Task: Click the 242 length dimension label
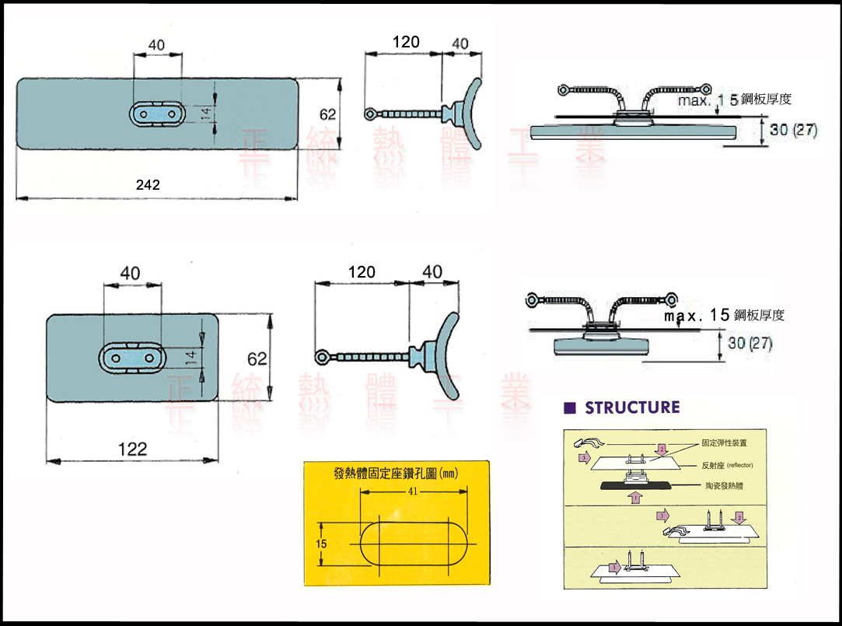click(x=148, y=185)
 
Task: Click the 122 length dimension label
click(x=132, y=449)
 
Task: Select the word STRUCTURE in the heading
click(x=632, y=407)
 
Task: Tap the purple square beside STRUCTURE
click(x=569, y=407)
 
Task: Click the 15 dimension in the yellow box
click(x=322, y=544)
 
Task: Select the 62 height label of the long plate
click(x=328, y=114)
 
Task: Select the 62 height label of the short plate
click(x=257, y=358)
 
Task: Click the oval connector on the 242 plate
click(x=159, y=114)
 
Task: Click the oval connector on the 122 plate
click(x=132, y=358)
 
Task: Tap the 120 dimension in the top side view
click(x=406, y=42)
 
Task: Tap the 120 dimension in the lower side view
click(x=362, y=272)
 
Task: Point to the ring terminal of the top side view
click(x=372, y=114)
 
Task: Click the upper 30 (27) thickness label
click(x=793, y=130)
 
